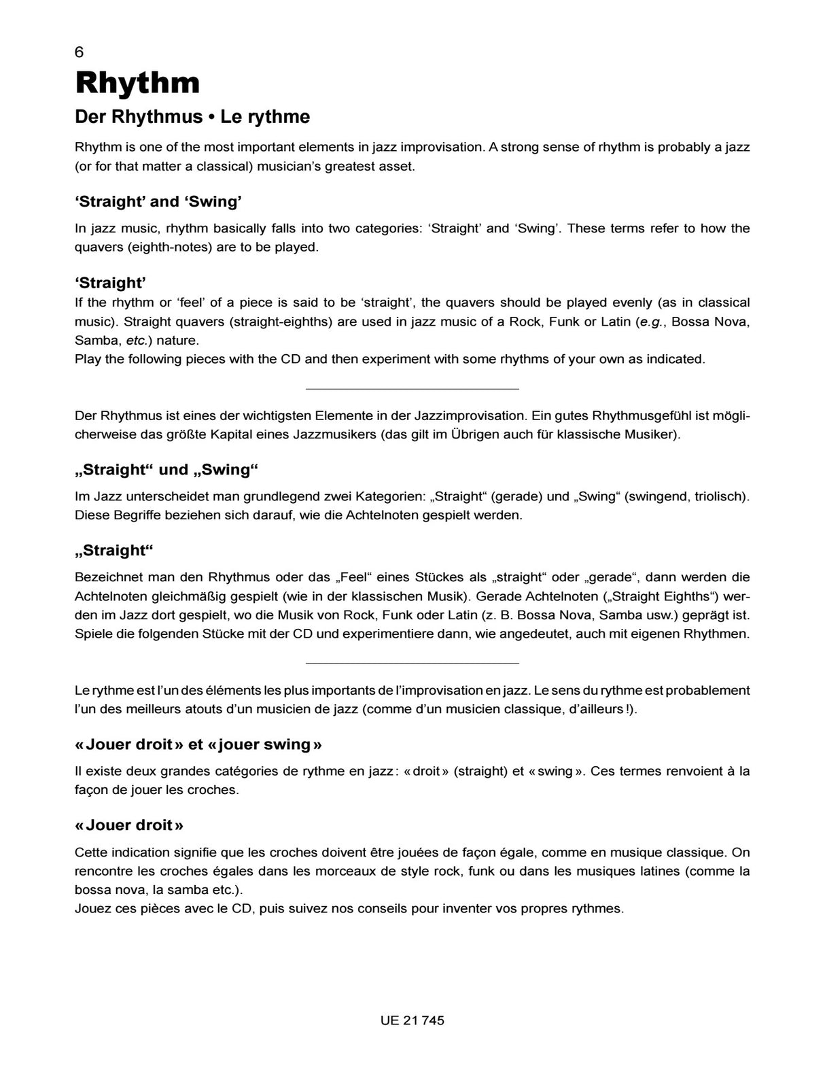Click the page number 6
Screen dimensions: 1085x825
pyautogui.click(x=80, y=52)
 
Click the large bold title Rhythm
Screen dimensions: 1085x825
pyautogui.click(x=137, y=83)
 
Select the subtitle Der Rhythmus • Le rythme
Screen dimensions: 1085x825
pyautogui.click(x=192, y=117)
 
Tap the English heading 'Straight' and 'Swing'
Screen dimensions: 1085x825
pyautogui.click(x=158, y=202)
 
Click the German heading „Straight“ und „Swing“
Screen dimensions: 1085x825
pyautogui.click(x=167, y=470)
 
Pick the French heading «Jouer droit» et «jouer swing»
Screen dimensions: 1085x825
pyautogui.click(x=198, y=744)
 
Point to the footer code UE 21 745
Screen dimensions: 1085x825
pyautogui.click(x=412, y=1020)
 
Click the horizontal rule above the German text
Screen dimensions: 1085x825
pyautogui.click(x=412, y=389)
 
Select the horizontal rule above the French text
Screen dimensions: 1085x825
pyautogui.click(x=412, y=663)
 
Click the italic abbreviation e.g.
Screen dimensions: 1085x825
pyautogui.click(x=650, y=322)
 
